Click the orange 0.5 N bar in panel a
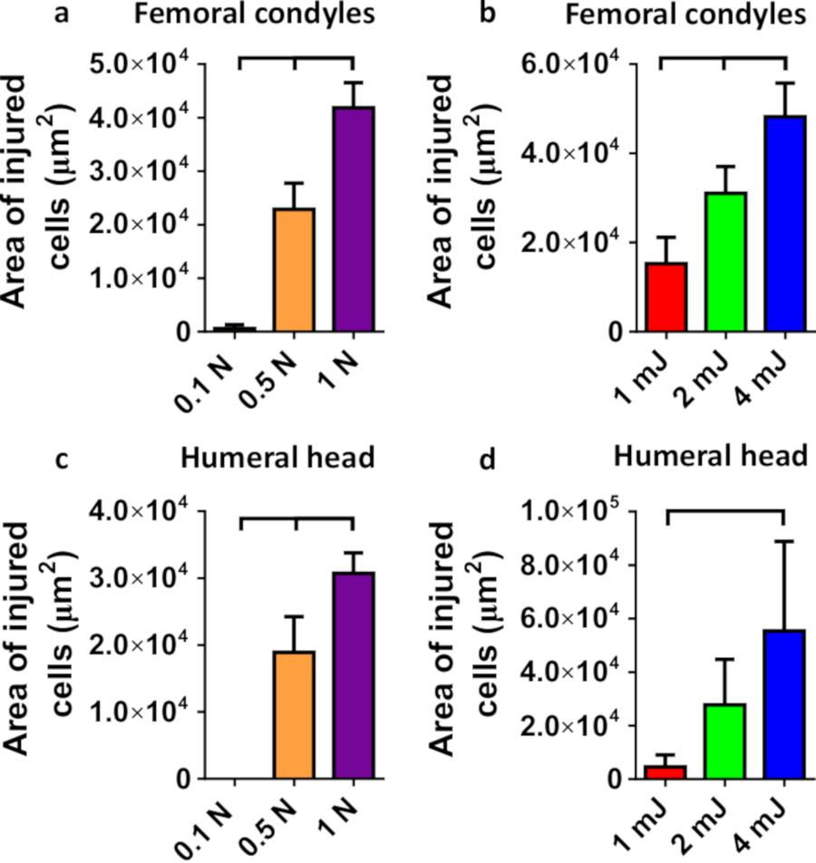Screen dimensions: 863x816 [293, 270]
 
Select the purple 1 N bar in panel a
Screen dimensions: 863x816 [354, 219]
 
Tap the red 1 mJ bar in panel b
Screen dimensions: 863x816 [665, 297]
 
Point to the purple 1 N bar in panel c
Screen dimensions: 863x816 [354, 675]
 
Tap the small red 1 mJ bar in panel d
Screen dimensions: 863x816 [665, 772]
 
